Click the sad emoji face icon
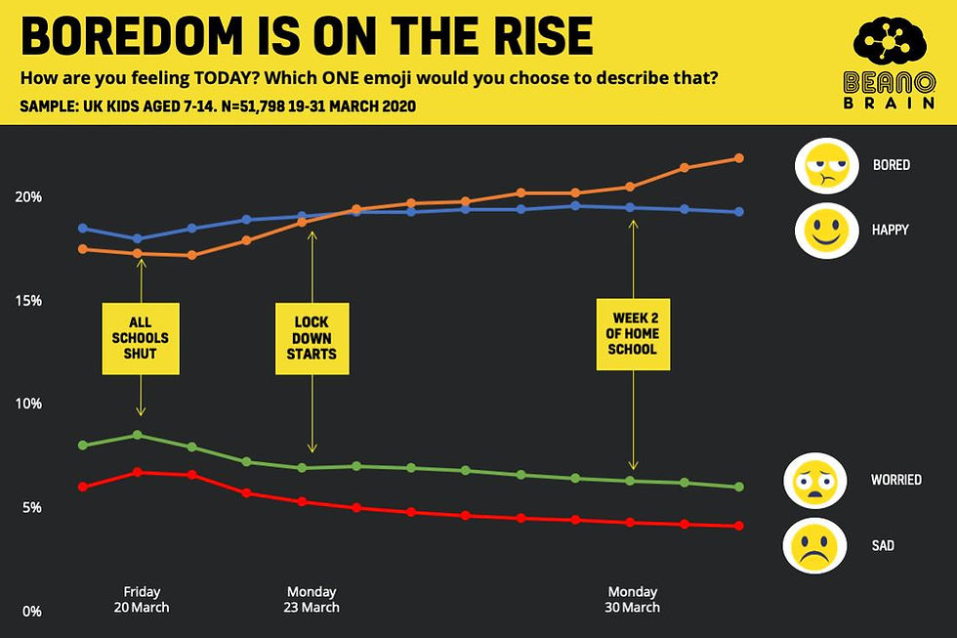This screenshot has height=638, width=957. coord(813,546)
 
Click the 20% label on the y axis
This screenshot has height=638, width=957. coord(28,196)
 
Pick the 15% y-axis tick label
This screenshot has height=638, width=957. coord(28,300)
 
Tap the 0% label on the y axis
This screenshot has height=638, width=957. coord(31,612)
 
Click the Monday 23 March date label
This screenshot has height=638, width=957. coord(312,599)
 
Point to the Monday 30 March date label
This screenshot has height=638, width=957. coord(633,599)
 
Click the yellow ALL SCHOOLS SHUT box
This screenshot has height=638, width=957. coord(142,338)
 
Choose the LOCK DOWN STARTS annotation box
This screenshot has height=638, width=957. coord(312,338)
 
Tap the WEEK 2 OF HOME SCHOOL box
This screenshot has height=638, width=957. coord(633,334)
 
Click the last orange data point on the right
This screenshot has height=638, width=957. coord(739,158)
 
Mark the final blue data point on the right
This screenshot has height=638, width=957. coord(739,212)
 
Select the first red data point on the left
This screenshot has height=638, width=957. coord(83,487)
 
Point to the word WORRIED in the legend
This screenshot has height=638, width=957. coord(895,480)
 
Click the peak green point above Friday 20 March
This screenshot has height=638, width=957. coord(138,435)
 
